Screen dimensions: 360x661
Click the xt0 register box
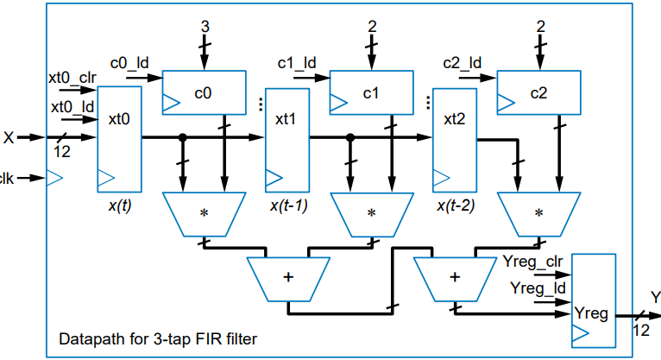click(119, 138)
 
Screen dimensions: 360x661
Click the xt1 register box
click(286, 138)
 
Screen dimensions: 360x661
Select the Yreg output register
click(593, 299)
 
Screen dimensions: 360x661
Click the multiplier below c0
click(205, 213)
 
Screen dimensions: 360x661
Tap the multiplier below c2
click(539, 213)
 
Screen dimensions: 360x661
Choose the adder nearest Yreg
click(455, 277)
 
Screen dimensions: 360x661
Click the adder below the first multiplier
click(287, 277)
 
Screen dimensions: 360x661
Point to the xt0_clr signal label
click(71, 78)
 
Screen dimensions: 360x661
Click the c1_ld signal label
click(296, 62)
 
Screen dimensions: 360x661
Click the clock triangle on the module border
click(54, 179)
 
